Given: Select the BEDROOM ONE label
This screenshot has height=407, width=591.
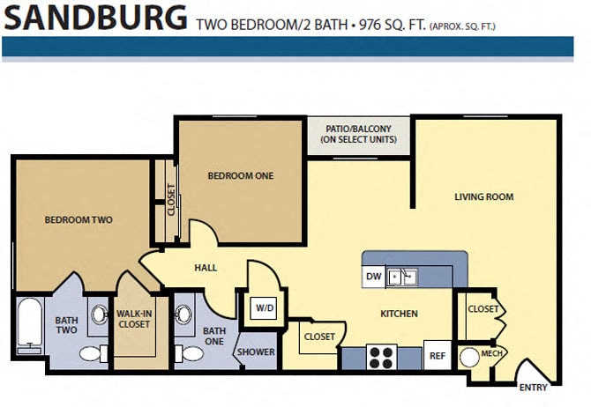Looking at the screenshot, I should [240, 175].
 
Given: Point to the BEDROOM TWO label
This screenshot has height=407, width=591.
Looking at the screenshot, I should [78, 220].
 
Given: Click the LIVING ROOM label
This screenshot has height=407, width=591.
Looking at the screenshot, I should [483, 196].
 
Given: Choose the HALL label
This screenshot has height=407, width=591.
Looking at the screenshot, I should [206, 268].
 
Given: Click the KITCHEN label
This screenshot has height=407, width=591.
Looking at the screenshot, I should [398, 314].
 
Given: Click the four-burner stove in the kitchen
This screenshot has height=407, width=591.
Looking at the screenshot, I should [381, 357].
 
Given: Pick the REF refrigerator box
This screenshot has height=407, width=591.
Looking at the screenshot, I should [437, 356].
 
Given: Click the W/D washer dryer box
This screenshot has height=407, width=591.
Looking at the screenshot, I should [263, 308].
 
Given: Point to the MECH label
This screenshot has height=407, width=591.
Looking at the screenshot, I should [491, 354].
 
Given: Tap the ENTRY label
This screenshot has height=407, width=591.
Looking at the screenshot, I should [534, 387].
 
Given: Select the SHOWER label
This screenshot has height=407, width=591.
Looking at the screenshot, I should [254, 352].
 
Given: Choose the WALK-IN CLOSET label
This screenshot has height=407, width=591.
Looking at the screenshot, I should [134, 318].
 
